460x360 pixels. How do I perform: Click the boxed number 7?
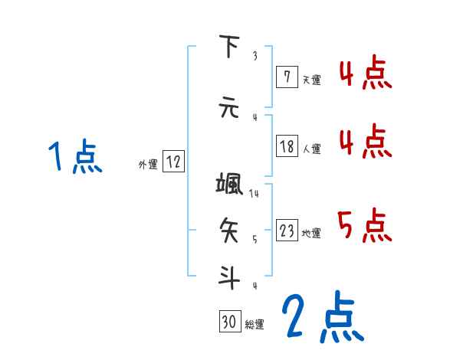pos(287,77)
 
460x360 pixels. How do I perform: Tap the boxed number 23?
pos(287,231)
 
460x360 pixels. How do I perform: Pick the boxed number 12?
pos(173,162)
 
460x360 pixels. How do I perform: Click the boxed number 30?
pos(228,322)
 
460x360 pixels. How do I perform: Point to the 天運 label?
pos(311,79)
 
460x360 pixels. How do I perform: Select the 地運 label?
pos(311,233)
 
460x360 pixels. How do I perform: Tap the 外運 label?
pos(147,163)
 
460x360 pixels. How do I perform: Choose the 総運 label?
pos(255,324)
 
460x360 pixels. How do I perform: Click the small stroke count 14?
pos(255,193)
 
